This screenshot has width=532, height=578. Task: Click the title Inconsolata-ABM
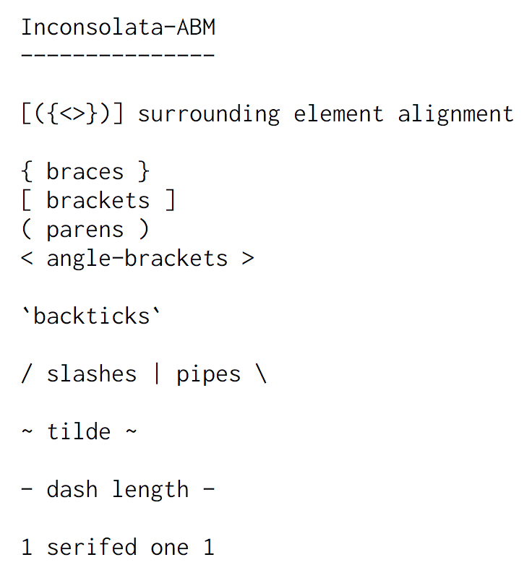tap(118, 27)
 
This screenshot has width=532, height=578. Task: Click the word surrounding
tap(208, 114)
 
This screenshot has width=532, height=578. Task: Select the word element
tap(338, 114)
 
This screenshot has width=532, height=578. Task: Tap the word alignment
tap(455, 114)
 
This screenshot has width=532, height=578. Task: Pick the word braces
tap(85, 172)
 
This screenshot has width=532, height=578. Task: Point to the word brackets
tap(98, 201)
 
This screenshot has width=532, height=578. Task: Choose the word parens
tap(85, 230)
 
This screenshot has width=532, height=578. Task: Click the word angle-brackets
tap(137, 259)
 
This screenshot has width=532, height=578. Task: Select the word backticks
tap(92, 316)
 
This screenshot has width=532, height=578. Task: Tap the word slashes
tap(92, 374)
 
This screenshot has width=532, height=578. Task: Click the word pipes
tap(209, 374)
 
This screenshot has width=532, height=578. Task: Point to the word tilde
tap(79, 432)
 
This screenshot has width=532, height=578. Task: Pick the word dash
tap(72, 490)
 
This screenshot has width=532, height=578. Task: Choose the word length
tap(150, 490)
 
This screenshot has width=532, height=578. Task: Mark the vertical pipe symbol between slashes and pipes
tap(157, 374)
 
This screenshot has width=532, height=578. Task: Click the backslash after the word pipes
tap(260, 374)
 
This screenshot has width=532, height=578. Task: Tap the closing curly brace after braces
tap(144, 172)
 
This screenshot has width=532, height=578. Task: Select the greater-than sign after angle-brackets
tap(248, 259)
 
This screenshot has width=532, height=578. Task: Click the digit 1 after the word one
tap(209, 548)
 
